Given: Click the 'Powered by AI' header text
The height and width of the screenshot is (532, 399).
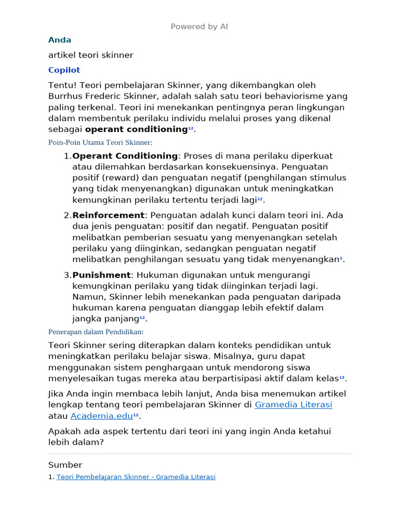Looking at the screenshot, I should click(199, 26).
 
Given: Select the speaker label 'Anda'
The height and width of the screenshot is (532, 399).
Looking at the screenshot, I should click(60, 40).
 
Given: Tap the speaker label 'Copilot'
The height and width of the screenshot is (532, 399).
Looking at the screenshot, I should click(64, 70).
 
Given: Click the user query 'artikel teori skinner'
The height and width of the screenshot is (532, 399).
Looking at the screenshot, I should click(91, 55).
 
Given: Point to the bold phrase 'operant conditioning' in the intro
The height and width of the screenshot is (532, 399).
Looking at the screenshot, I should click(136, 129).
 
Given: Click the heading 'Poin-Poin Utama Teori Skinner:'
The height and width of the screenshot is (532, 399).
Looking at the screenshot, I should click(100, 142).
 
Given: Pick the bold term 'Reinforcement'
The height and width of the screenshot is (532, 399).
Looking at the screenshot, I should click(108, 215).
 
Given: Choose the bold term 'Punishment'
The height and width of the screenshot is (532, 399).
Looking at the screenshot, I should click(101, 275).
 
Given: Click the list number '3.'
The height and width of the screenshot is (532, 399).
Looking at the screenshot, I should click(67, 275).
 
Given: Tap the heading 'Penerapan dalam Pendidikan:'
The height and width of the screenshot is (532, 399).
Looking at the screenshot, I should click(96, 331).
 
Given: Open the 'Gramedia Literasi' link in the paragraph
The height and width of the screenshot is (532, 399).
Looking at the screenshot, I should click(293, 405).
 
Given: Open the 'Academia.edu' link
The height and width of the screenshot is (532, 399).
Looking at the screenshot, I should click(101, 416).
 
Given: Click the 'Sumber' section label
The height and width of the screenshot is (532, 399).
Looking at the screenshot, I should click(65, 465).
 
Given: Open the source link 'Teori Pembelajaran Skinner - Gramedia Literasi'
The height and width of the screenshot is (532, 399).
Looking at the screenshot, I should click(136, 477).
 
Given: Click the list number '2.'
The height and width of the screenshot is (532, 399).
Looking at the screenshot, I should click(67, 215).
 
